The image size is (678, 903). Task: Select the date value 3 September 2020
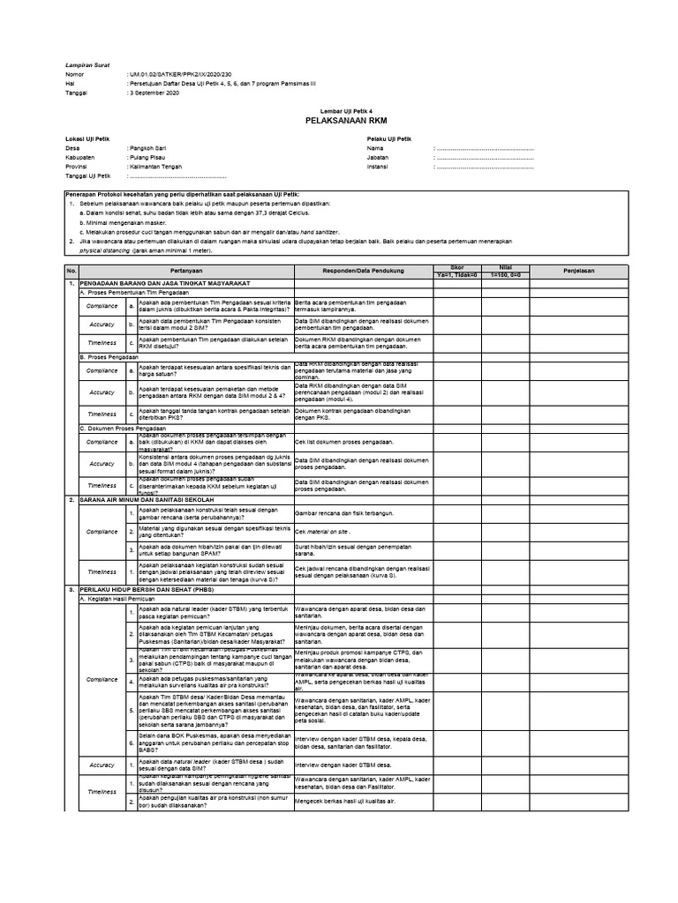coord(159,92)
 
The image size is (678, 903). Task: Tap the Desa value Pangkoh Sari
coord(151,148)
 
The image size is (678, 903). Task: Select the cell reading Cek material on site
coord(324,533)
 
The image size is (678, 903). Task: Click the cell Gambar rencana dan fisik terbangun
coord(343,512)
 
